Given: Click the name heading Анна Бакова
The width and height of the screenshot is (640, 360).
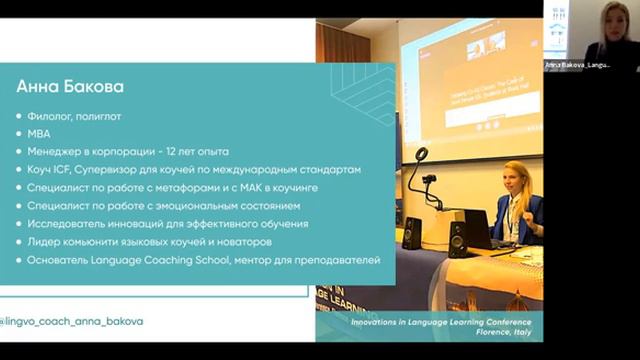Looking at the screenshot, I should [70, 87].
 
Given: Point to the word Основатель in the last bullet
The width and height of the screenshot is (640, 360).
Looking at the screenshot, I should [66, 260].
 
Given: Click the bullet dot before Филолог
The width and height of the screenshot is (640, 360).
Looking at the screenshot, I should [20, 116].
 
